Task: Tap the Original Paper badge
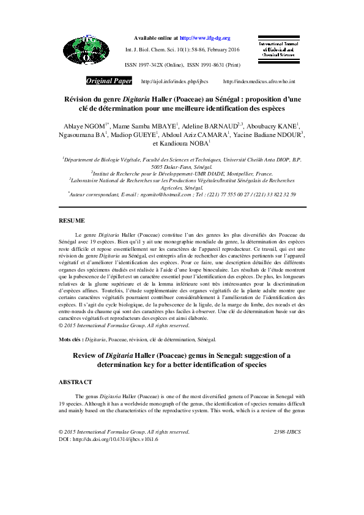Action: point(109,81)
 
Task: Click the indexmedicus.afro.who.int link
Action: point(259,81)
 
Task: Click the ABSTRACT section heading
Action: point(75,382)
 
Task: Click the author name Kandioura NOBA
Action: point(184,144)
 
